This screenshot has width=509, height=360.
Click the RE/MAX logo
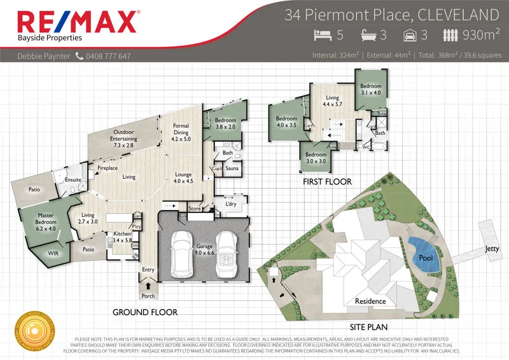click(x=76, y=22)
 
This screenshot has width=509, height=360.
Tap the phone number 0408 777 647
click(x=108, y=56)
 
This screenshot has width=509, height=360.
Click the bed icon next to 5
click(x=323, y=35)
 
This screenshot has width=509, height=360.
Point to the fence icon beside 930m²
click(x=451, y=35)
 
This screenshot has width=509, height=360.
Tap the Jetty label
click(x=492, y=248)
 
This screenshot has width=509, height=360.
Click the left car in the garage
click(x=183, y=253)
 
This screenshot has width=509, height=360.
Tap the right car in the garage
click(x=227, y=253)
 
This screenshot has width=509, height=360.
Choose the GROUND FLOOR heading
click(x=145, y=312)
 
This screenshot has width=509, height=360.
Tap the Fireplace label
click(x=108, y=169)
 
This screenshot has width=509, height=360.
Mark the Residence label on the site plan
click(x=370, y=301)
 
